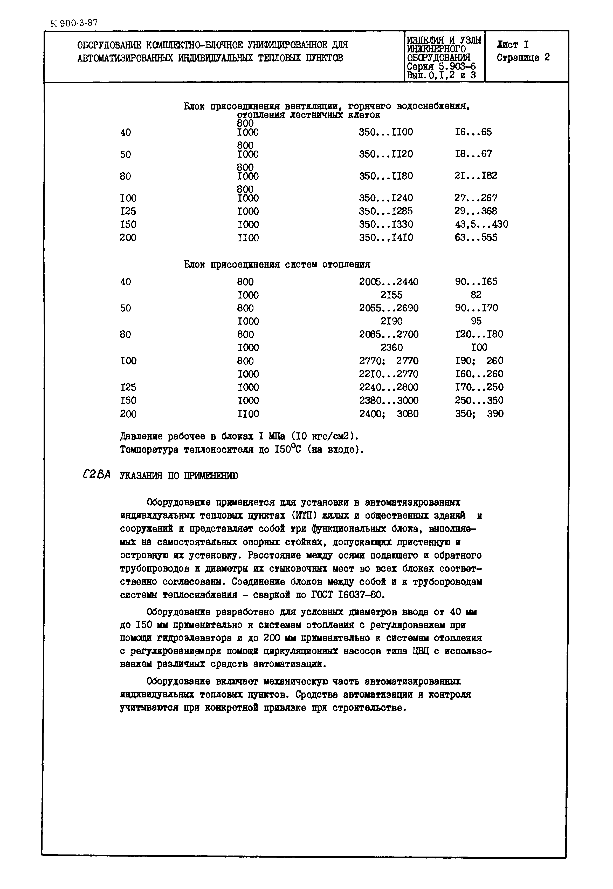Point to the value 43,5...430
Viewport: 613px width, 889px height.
pos(481,224)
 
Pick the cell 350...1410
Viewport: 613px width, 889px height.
pos(385,238)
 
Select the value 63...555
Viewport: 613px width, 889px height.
pos(476,238)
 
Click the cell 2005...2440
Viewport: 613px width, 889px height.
pos(388,282)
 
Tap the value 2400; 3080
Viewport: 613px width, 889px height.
pos(388,414)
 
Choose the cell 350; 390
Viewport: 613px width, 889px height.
pos(479,414)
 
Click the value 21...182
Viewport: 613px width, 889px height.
pos(476,176)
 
